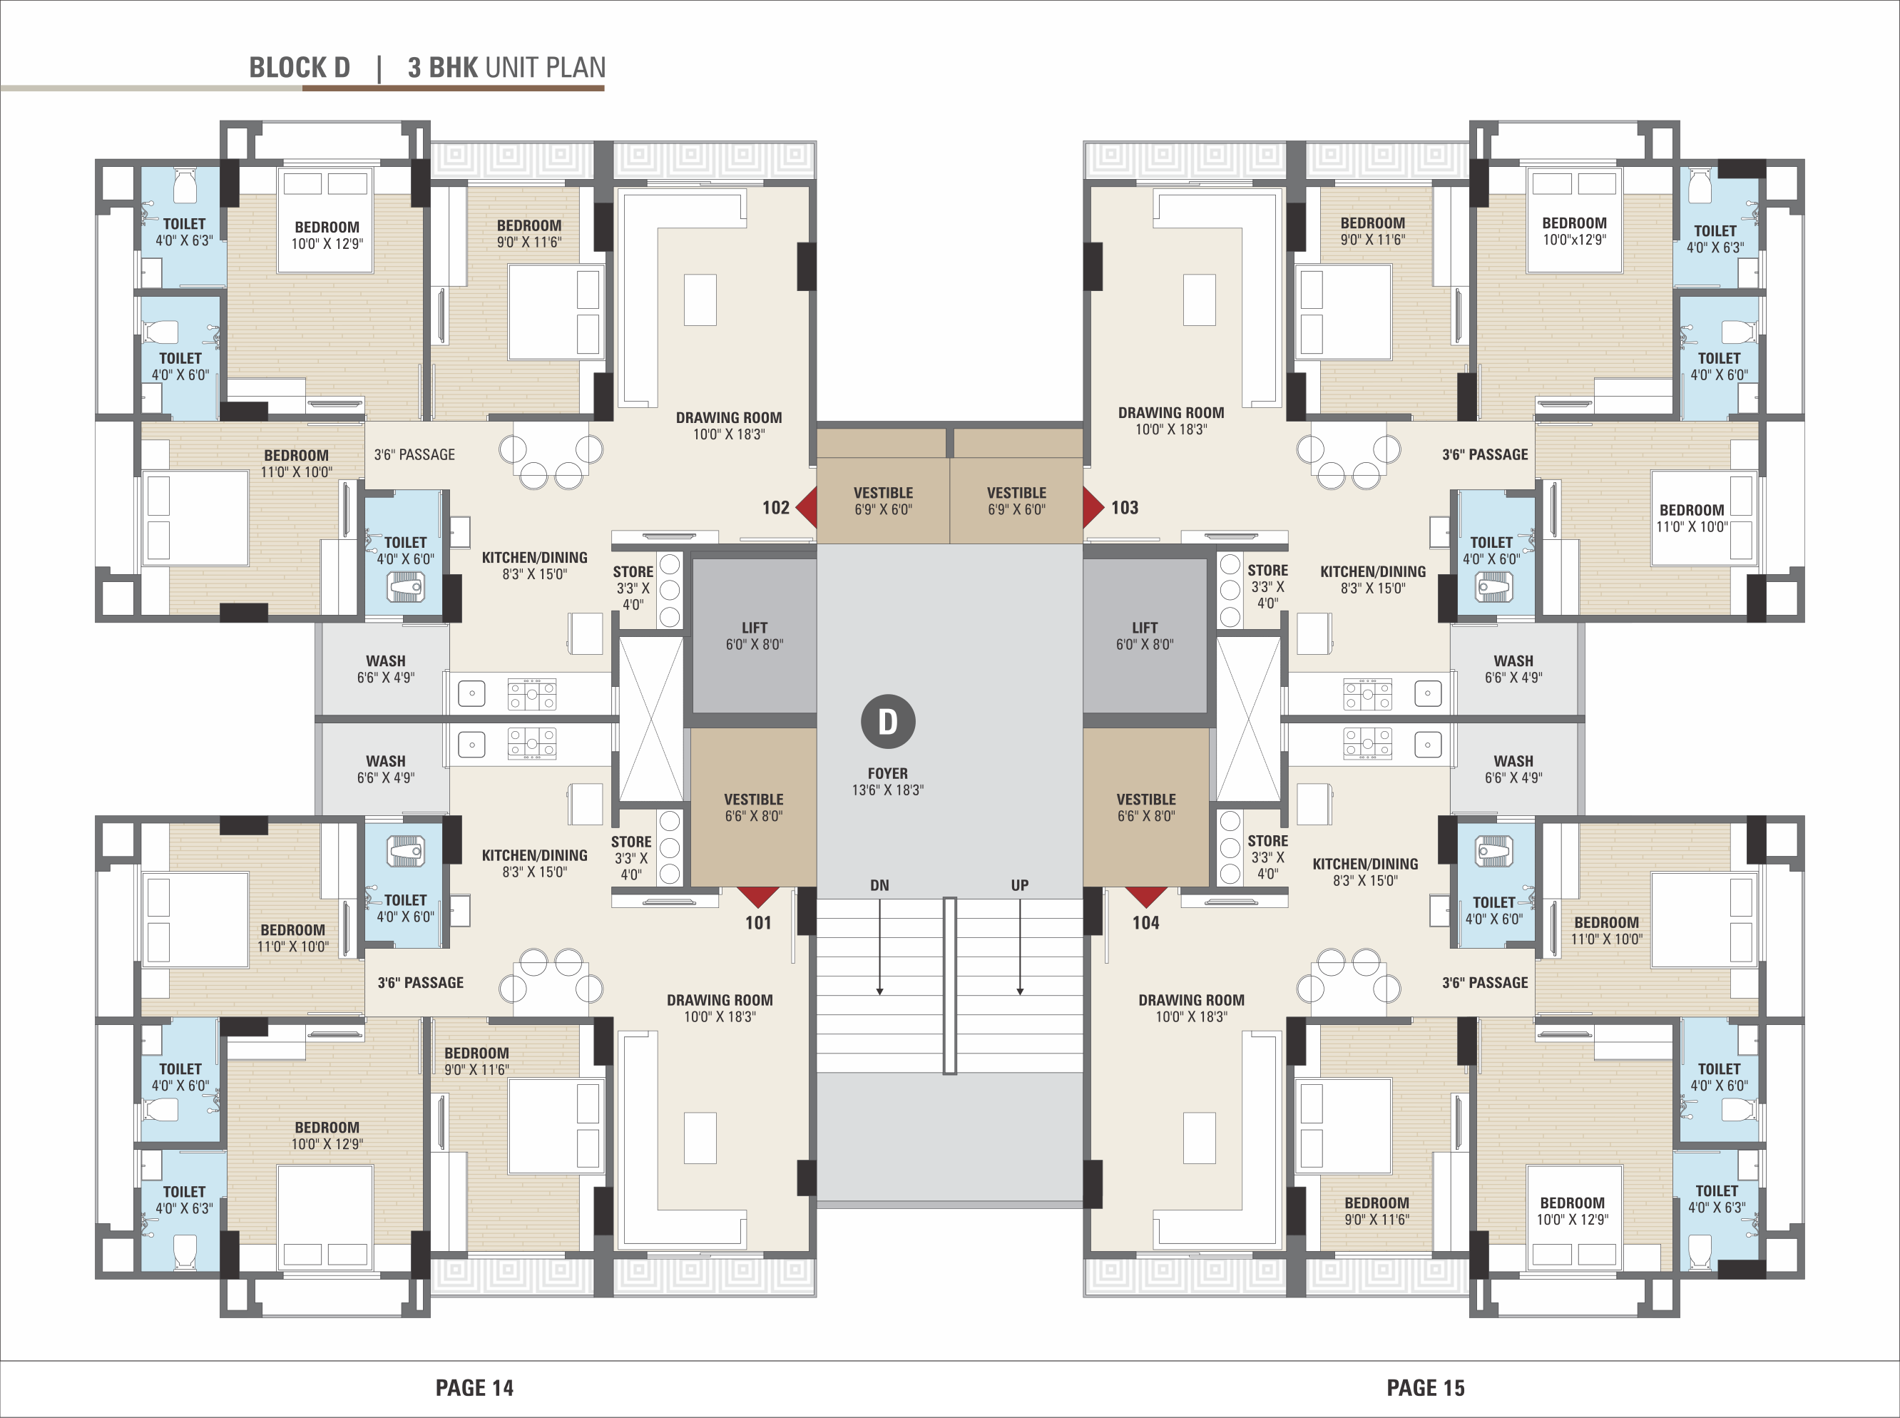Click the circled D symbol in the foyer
pos(888,722)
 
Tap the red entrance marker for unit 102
pos(807,507)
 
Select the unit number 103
pos(1124,507)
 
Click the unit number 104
pos(1145,923)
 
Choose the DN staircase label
pos(879,885)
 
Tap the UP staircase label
pos(1019,885)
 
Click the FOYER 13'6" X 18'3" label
pos(887,781)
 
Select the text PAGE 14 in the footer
pos(474,1388)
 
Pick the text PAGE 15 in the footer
pos(1426,1388)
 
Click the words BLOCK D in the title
pos(300,67)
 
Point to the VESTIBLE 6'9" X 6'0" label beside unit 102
pos(883,501)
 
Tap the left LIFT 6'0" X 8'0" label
pos(755,636)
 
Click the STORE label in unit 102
pos(633,571)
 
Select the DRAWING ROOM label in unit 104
pos(1191,1000)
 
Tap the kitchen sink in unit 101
pos(471,744)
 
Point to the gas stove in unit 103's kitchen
pos(1368,695)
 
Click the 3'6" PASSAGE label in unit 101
pos(421,983)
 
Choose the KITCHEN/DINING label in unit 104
pos(1365,864)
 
